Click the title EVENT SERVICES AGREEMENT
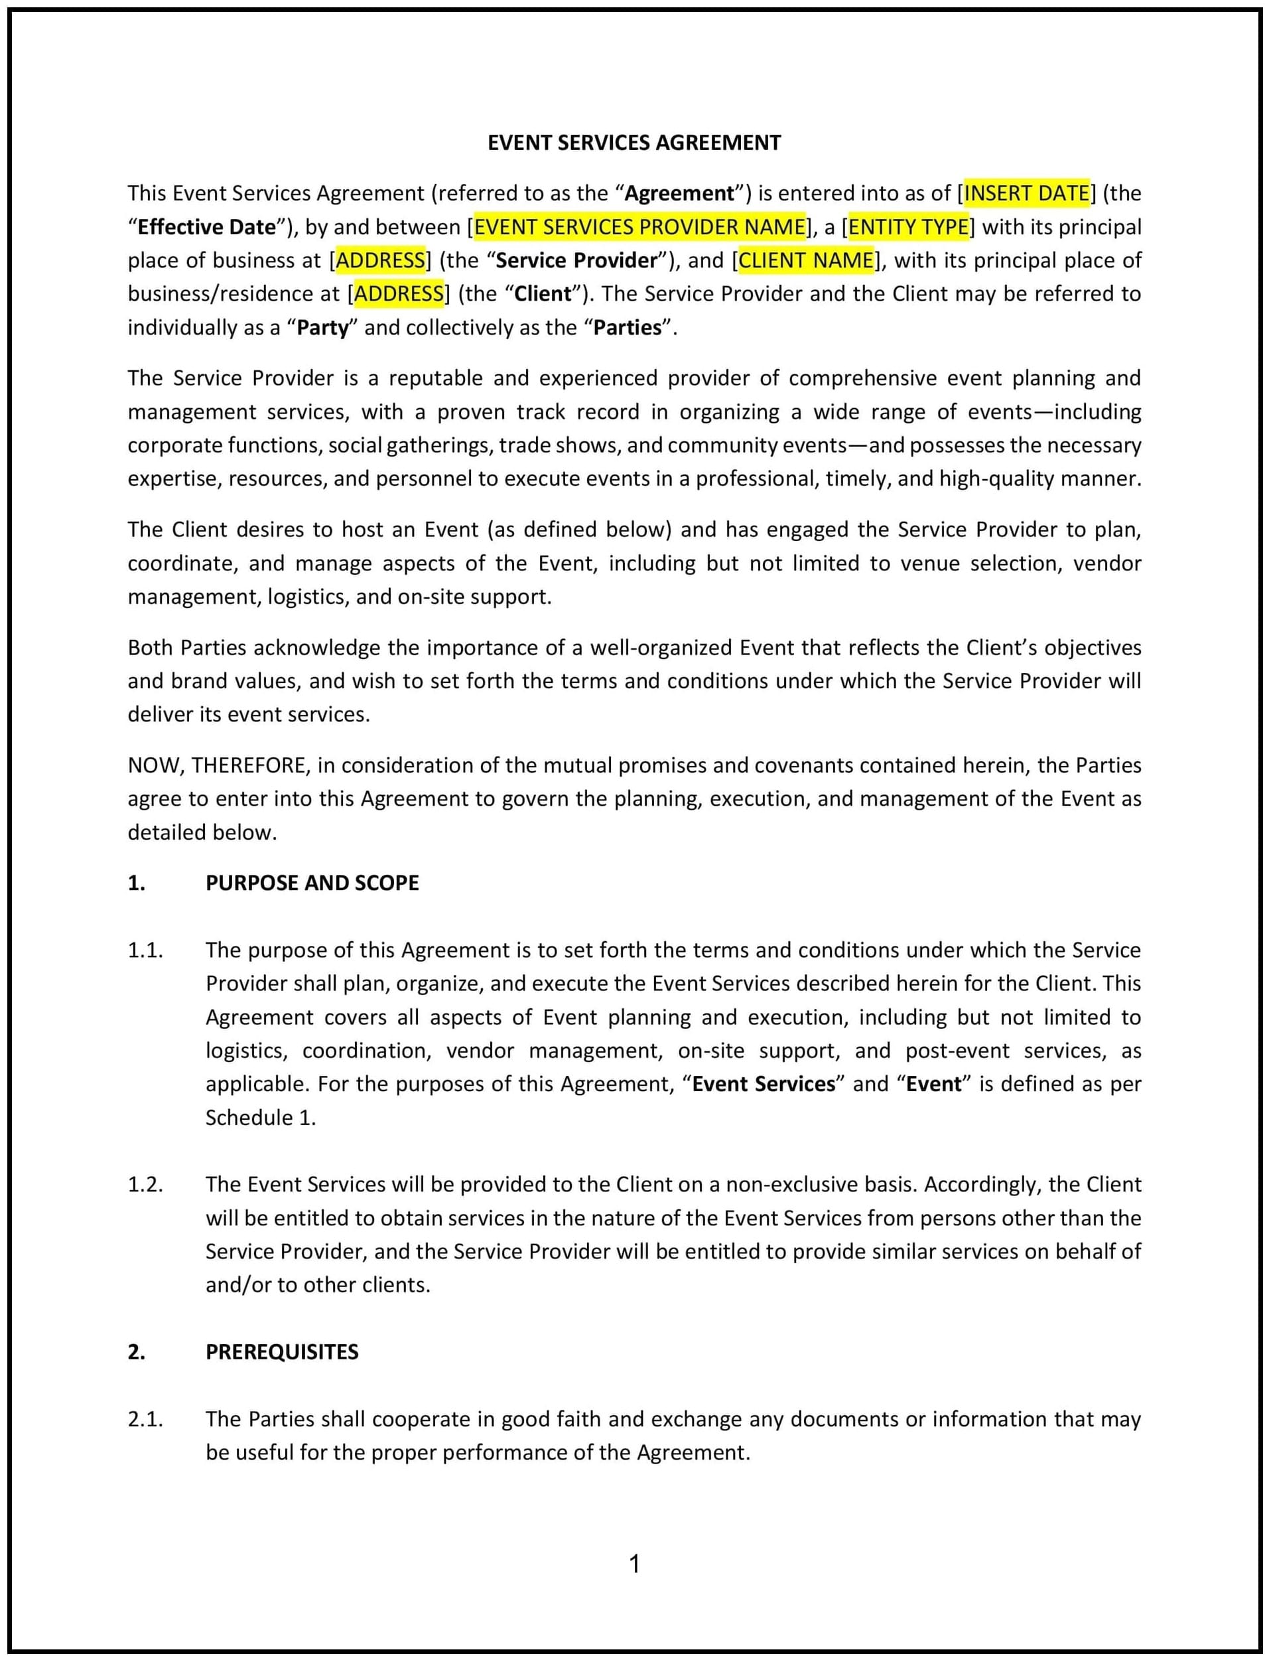point(634,143)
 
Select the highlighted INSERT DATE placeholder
point(1026,194)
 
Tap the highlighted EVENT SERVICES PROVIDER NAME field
point(639,227)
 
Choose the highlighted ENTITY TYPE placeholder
point(908,227)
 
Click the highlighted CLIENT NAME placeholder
point(806,261)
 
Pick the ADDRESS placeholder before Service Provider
point(380,261)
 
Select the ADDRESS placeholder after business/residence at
point(398,294)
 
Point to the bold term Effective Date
point(207,227)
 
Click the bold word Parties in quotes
point(628,328)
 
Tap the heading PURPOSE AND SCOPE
point(312,883)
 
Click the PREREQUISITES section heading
point(282,1351)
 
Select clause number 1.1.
point(145,950)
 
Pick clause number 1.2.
point(145,1184)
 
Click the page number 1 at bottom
point(634,1564)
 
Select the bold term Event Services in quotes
point(764,1084)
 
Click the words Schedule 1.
point(261,1117)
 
